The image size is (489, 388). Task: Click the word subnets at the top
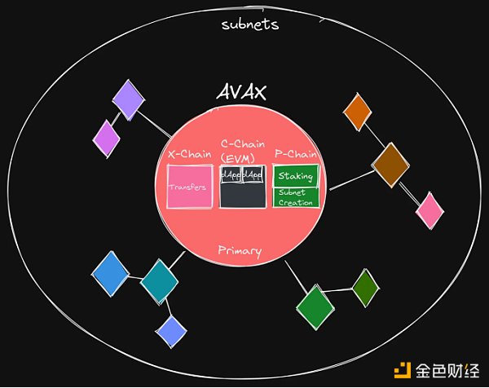250,24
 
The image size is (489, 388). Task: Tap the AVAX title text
241,92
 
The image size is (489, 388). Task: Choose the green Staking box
295,175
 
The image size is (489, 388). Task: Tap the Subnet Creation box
295,197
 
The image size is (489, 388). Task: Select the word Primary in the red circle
240,250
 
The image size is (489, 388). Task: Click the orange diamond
357,111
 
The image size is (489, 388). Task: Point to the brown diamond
390,164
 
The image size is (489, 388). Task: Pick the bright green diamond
315,306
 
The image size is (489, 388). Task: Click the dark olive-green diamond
365,286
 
